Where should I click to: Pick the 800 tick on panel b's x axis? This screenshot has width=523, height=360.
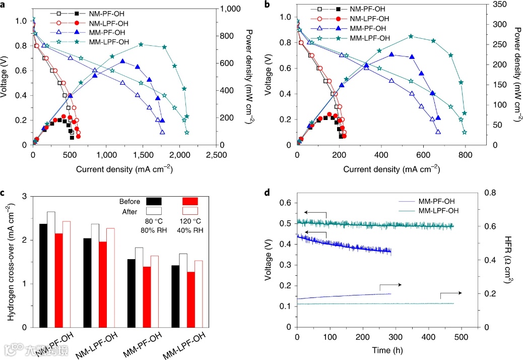[x=402, y=156]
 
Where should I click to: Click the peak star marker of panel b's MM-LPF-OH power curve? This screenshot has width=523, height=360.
[x=411, y=36]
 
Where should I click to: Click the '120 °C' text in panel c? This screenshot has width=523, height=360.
[x=190, y=221]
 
